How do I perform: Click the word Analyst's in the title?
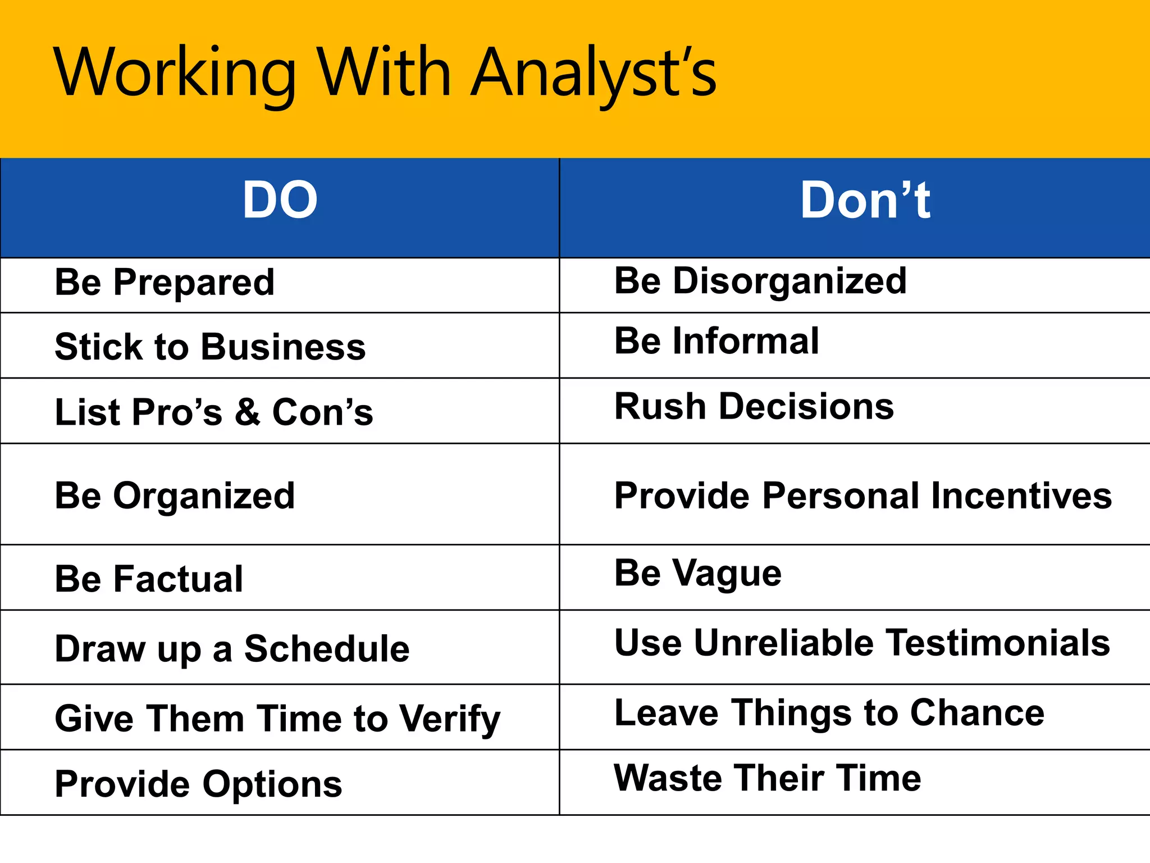[594, 73]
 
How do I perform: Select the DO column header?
[280, 201]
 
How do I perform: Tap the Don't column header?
[865, 201]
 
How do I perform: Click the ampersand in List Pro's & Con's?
[247, 412]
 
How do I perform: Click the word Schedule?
[327, 649]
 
